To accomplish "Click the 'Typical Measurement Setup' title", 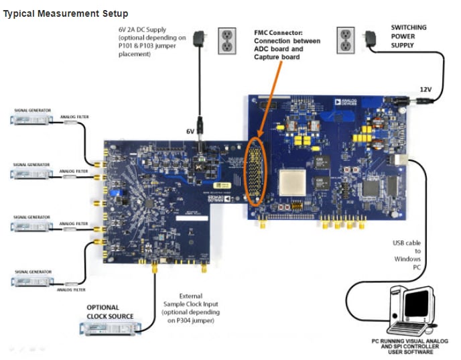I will (x=66, y=13).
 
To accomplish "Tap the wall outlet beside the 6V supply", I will (x=227, y=41).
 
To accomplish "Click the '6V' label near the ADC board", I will (x=190, y=132).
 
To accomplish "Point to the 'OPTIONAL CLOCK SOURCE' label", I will (x=110, y=312).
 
